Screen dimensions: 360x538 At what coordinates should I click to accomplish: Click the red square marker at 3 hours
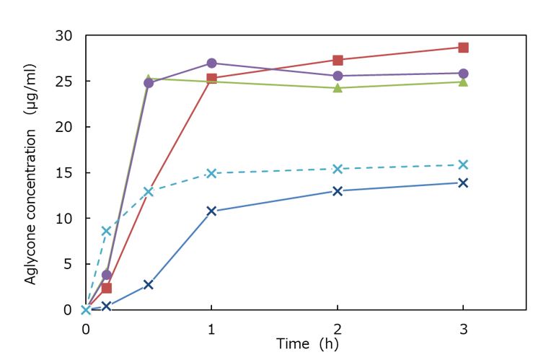pyautogui.click(x=463, y=48)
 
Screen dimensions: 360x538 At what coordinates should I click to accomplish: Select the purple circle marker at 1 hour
pyautogui.click(x=211, y=63)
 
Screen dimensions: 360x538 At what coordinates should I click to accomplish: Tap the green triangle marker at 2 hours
pyautogui.click(x=338, y=88)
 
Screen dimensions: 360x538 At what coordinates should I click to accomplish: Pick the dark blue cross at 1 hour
pyautogui.click(x=211, y=211)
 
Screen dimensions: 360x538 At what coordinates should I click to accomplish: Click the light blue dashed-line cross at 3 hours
pyautogui.click(x=463, y=164)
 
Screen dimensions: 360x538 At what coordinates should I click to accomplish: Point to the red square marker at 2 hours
pyautogui.click(x=338, y=60)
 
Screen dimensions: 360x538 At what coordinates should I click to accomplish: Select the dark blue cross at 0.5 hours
pyautogui.click(x=149, y=285)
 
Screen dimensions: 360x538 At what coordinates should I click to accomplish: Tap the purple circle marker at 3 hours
pyautogui.click(x=463, y=73)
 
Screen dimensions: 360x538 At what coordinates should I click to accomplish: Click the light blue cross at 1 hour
pyautogui.click(x=211, y=173)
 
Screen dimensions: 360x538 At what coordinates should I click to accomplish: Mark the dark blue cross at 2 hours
pyautogui.click(x=338, y=190)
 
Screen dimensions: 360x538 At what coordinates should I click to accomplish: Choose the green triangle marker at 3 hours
pyautogui.click(x=463, y=82)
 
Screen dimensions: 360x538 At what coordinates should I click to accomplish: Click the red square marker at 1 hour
pyautogui.click(x=211, y=78)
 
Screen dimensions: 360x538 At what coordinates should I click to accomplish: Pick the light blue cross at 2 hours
pyautogui.click(x=338, y=169)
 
